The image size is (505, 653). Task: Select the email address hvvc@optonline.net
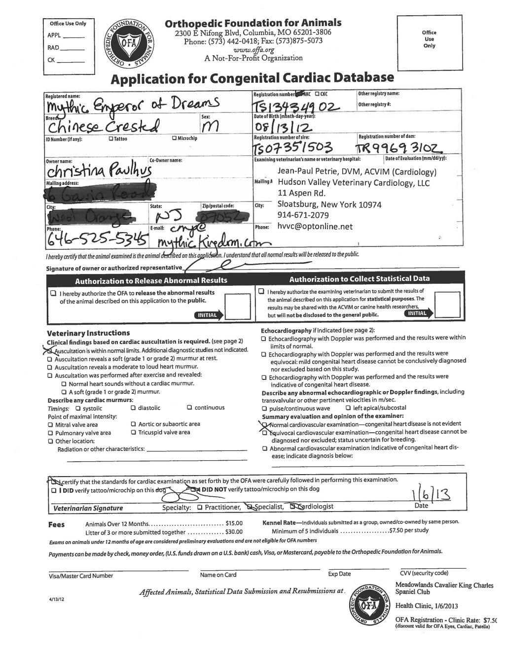coord(315,226)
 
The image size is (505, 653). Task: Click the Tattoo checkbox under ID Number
coord(110,138)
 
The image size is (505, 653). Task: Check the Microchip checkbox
coord(174,138)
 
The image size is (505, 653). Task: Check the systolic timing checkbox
coord(78,408)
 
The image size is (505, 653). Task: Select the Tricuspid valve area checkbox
coord(134,432)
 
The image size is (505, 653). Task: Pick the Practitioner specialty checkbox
coord(199,507)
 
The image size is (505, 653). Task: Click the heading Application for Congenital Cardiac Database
coord(252,78)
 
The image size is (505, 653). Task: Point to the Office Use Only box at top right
coord(429,43)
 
